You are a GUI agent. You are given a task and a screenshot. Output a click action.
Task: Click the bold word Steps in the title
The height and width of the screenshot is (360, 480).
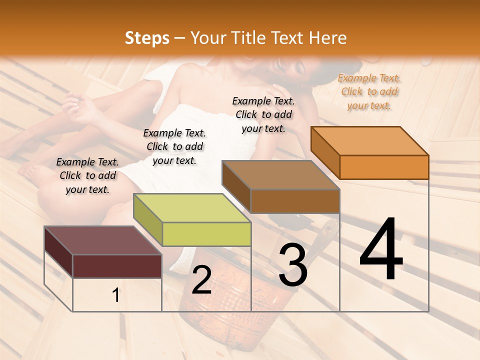pos(147,38)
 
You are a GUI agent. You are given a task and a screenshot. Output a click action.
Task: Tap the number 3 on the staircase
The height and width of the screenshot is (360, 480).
pos(292,265)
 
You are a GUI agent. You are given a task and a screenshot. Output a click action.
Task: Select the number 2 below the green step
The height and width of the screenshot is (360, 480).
pos(201,280)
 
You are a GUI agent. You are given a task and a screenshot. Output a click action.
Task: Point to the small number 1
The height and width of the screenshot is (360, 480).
pos(115,295)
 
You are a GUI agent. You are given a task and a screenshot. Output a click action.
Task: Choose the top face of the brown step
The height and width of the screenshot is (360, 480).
pos(281,175)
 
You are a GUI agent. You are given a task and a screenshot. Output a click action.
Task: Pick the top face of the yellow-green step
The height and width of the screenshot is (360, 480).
pos(192,208)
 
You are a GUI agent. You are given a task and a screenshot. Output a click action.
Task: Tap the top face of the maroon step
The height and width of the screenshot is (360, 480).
pos(103,240)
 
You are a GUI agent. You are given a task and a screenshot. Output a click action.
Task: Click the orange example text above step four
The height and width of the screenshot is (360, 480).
pos(369,92)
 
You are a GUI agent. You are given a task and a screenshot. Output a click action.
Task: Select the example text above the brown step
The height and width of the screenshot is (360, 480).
pos(263,114)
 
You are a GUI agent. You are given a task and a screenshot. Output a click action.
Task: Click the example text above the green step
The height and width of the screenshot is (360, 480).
pos(174,146)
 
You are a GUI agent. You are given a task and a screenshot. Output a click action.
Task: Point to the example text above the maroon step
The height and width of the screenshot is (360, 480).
pos(87,175)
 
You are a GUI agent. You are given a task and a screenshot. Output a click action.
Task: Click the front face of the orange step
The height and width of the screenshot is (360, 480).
pos(384,167)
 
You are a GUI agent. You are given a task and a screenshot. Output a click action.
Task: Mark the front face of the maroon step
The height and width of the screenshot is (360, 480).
pos(117,266)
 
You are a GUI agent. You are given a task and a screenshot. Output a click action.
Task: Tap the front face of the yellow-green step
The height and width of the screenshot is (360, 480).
pos(206,234)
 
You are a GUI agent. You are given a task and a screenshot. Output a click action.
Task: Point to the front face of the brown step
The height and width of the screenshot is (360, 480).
pos(295,201)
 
